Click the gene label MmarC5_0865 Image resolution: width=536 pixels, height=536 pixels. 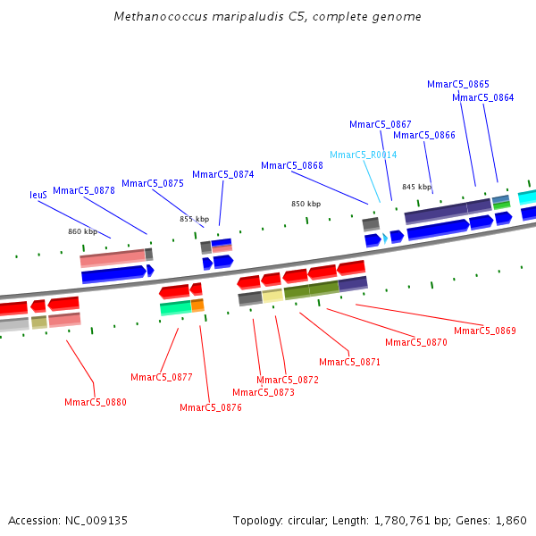[x=457, y=84]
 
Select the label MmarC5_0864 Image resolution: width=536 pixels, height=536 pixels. [x=482, y=98]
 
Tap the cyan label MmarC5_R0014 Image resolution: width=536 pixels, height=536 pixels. [x=363, y=155]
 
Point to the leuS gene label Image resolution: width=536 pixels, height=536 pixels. [x=38, y=195]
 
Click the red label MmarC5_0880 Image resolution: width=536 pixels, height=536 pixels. [x=96, y=402]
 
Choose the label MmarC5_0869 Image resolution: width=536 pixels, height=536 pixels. [x=484, y=331]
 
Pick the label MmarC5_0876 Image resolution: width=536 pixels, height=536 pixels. [x=211, y=407]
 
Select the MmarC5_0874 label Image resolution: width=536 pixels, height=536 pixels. [x=222, y=175]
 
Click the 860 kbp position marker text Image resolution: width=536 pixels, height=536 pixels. [x=83, y=232]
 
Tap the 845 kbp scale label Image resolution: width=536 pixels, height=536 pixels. [x=416, y=188]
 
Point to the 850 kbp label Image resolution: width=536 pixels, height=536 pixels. [x=306, y=204]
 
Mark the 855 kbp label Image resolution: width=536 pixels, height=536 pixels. [x=195, y=219]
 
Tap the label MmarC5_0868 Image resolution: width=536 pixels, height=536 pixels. [x=292, y=165]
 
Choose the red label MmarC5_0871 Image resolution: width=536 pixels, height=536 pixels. [x=349, y=362]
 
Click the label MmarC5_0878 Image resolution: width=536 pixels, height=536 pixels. [x=84, y=190]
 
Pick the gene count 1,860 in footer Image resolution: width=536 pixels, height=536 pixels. [x=510, y=520]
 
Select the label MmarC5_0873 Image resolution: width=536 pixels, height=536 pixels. [x=263, y=392]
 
